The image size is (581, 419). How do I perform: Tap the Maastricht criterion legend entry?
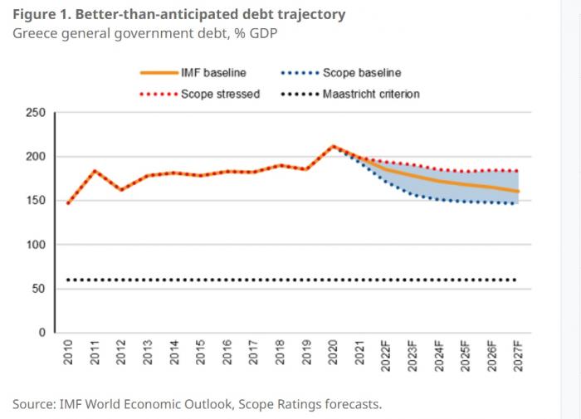coord(370,94)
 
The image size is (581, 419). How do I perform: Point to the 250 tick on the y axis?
coord(36,113)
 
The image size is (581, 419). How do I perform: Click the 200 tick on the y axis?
coord(36,157)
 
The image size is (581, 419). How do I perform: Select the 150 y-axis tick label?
coord(36,201)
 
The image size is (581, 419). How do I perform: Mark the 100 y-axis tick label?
coord(36,245)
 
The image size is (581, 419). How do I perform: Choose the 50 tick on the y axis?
coord(39,289)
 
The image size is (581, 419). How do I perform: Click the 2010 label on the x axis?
coord(68,352)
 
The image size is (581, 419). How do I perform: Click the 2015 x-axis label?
coord(201,352)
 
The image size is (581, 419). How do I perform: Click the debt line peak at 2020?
coord(333,146)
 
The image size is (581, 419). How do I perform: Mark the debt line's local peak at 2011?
coord(95,171)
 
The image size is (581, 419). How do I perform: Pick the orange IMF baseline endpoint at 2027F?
coord(517,192)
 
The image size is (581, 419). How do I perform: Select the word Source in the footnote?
coord(32,404)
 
